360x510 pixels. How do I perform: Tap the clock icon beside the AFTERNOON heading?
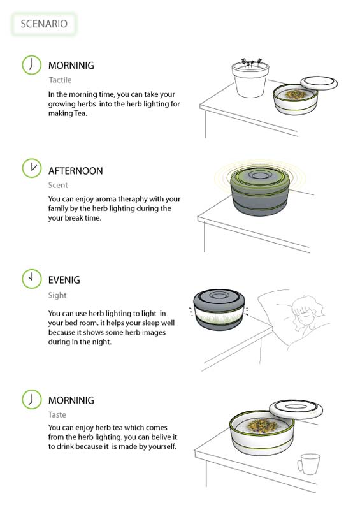pyautogui.click(x=30, y=168)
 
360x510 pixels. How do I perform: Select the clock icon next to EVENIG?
pyautogui.click(x=30, y=278)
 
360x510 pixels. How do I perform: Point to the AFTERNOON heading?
pyautogui.click(x=75, y=171)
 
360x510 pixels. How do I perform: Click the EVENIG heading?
pyautogui.click(x=64, y=280)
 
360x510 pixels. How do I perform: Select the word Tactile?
pyautogui.click(x=60, y=80)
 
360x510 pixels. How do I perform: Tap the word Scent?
pyautogui.click(x=58, y=186)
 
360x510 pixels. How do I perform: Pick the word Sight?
pyautogui.click(x=57, y=295)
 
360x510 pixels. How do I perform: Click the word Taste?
pyautogui.click(x=57, y=414)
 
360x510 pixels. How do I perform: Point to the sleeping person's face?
pyautogui.click(x=303, y=316)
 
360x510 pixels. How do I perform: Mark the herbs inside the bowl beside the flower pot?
pyautogui.click(x=294, y=94)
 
